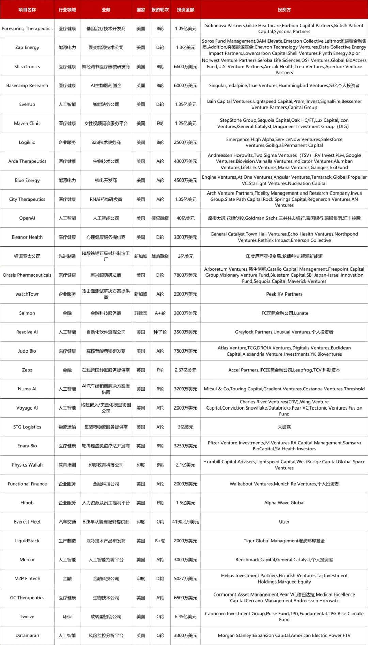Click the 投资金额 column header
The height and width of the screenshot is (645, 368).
pos(185,10)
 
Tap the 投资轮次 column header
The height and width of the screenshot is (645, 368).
pos(160,10)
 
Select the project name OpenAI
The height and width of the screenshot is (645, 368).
pos(27,218)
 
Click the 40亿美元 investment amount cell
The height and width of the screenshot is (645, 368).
pos(185,218)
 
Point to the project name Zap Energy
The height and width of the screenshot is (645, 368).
pos(27,47)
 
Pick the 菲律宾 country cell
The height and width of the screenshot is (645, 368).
pos(141,313)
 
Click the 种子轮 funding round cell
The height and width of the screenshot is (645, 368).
pos(160,332)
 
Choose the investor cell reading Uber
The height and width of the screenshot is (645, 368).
pos(284,522)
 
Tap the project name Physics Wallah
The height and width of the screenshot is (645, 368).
pos(27,465)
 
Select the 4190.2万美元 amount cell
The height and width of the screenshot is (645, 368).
pos(185,522)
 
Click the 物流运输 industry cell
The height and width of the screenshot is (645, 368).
pos(67,427)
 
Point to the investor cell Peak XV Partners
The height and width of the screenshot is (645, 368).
pos(284,294)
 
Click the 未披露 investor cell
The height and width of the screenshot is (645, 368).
pos(284,427)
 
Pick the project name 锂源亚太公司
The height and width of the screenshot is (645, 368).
pos(27,256)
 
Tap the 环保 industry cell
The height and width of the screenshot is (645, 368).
pos(67,617)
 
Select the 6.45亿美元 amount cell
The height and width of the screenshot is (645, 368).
pos(185,617)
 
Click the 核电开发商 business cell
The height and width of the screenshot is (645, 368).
pos(106,180)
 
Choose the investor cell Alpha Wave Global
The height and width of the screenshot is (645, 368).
pos(284,503)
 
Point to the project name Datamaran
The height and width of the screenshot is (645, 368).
pos(27,635)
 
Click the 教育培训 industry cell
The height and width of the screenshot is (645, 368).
pos(67,465)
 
